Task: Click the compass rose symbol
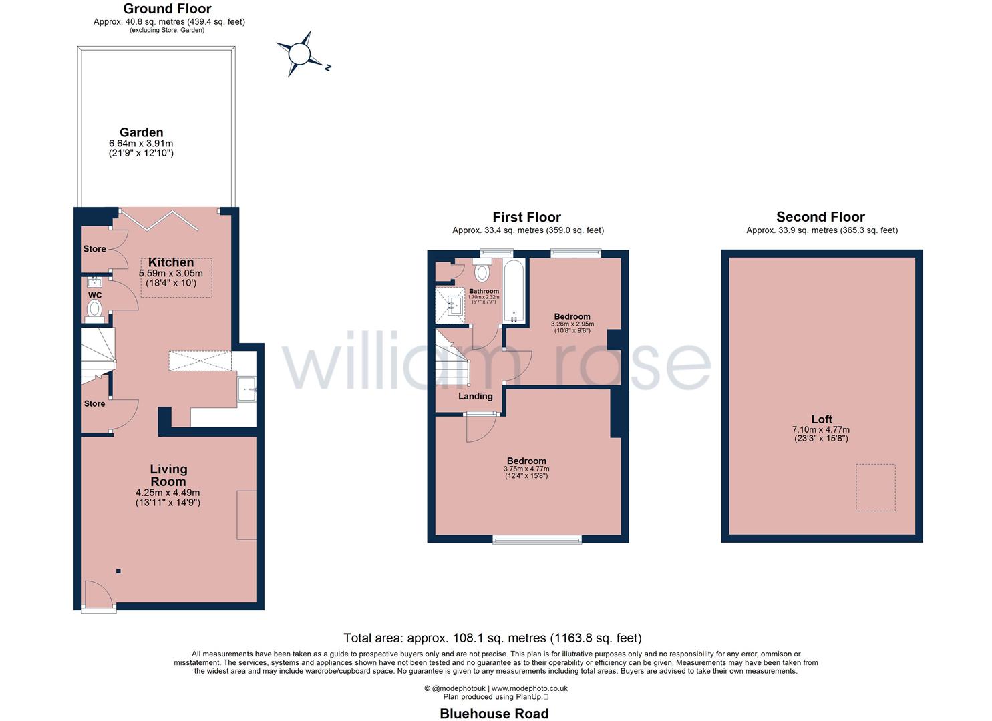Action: point(301,53)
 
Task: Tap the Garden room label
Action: point(141,132)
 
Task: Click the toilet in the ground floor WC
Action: point(95,309)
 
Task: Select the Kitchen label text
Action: point(171,262)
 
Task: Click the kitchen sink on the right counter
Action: point(246,389)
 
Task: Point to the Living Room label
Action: point(168,475)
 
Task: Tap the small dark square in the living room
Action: point(118,571)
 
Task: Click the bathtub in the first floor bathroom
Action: point(514,291)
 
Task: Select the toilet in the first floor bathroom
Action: point(482,272)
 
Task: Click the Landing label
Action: point(475,396)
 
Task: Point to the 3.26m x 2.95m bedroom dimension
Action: point(572,324)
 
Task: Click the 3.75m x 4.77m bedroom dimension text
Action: point(526,469)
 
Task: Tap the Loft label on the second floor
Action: point(822,419)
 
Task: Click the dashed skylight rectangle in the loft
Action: point(876,488)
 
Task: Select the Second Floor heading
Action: point(820,217)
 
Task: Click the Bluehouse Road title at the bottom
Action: point(494,714)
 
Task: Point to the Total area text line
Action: point(492,638)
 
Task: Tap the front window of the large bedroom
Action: point(537,539)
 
